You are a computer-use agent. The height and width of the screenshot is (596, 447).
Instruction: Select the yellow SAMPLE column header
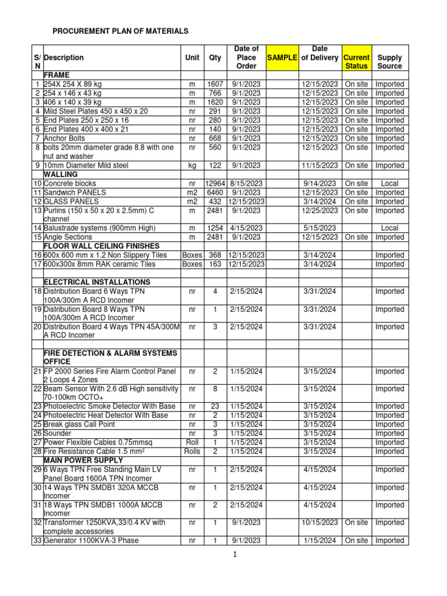[x=282, y=58]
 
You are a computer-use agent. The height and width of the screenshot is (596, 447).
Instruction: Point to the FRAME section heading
[x=56, y=76]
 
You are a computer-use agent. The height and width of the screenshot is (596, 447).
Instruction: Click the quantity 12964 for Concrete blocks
[x=215, y=183]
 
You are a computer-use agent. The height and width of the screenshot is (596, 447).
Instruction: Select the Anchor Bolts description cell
[x=65, y=139]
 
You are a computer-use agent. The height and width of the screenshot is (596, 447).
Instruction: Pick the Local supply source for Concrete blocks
[x=389, y=183]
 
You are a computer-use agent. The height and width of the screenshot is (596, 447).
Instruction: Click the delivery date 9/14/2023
[x=320, y=183]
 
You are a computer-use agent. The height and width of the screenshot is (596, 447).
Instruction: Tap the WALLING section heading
[x=62, y=174]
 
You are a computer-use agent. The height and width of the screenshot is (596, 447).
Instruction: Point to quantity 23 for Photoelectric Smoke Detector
[x=215, y=406]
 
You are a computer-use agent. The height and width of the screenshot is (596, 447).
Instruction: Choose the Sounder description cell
[x=59, y=433]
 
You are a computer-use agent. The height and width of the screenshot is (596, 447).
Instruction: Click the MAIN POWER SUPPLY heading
[x=80, y=460]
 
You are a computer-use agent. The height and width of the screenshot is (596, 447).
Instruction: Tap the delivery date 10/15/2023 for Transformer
[x=320, y=523]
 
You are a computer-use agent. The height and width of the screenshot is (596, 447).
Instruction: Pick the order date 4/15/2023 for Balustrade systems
[x=247, y=228]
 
